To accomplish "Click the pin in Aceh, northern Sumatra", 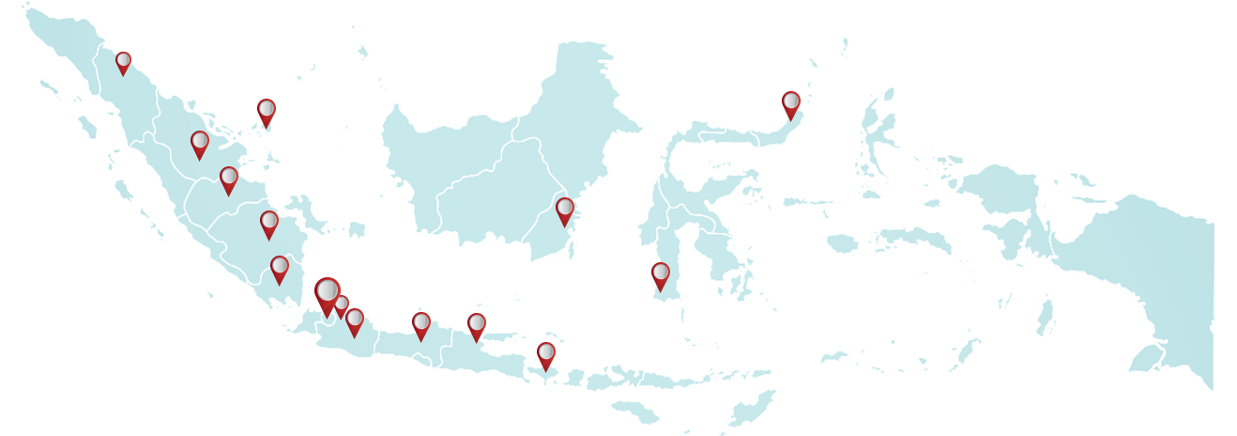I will pos(123,62).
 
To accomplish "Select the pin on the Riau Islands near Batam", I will pos(267,112).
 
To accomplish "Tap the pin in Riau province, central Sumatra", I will pos(199,144).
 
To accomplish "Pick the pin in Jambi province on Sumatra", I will pos(229,179).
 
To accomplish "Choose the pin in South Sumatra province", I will pos(269,224).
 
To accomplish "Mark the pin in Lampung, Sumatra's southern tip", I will pos(279,268).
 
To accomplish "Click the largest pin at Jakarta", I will pos(327,294).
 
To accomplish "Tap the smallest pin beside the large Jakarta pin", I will pos(342,304).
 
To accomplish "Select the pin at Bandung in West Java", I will pos(354,320).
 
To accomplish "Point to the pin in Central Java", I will pos(420,324).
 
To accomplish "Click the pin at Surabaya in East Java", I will pos(477,326).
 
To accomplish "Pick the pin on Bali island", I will pos(546,354).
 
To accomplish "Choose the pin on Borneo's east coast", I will pos(564,210).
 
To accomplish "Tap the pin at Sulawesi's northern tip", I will pos(790,103).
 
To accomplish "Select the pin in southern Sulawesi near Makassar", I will pos(661,274).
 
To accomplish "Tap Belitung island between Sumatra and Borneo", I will pos(356,229).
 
